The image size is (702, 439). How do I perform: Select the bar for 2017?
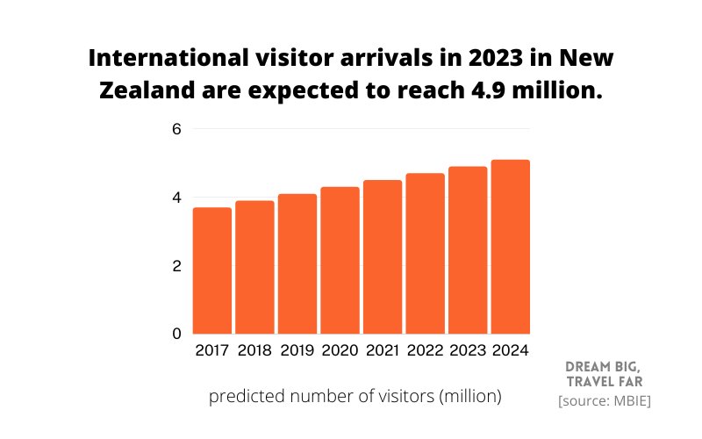tap(212, 270)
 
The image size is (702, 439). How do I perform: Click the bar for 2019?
tap(297, 263)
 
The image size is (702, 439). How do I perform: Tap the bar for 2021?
tap(382, 256)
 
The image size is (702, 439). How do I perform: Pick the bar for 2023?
tap(467, 250)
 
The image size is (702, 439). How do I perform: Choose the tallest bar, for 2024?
tap(510, 247)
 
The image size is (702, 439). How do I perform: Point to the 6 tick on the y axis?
tap(175, 129)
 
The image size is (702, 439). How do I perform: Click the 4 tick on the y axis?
tap(175, 198)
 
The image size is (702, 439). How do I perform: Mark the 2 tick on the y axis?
tap(175, 266)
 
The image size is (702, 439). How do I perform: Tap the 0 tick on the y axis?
tap(175, 334)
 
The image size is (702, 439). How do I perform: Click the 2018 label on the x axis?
tap(254, 351)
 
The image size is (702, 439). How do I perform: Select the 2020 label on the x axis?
tap(340, 351)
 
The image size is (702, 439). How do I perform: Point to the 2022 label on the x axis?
tap(425, 351)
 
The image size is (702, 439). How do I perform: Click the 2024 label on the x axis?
tap(510, 351)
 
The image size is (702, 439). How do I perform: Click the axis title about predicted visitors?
tap(355, 397)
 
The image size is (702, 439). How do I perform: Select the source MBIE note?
tap(605, 401)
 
